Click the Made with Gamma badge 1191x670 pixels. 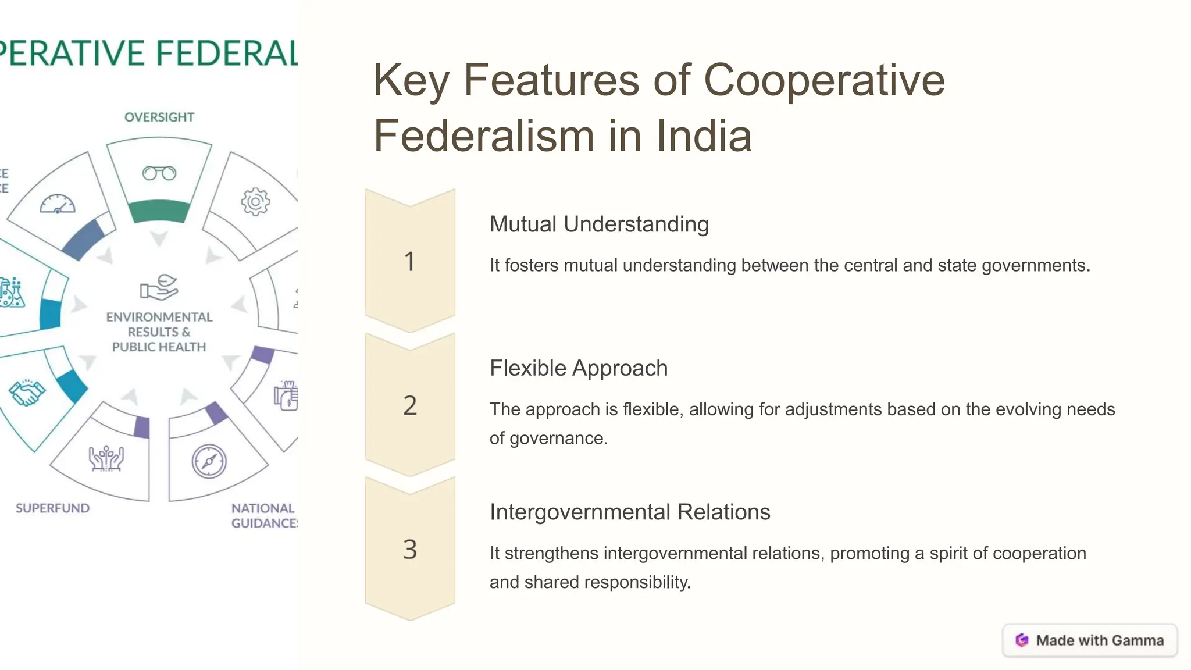tap(1090, 640)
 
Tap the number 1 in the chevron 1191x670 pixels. tap(410, 262)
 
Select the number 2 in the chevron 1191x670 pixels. tap(410, 405)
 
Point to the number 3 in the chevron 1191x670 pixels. tap(410, 550)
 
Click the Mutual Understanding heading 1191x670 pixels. tap(599, 224)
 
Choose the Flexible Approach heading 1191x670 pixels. tap(579, 368)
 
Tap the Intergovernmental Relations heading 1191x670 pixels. tap(630, 512)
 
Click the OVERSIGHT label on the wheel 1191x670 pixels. tap(159, 117)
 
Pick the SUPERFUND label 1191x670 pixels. tap(53, 508)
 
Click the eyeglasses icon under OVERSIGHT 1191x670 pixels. tap(159, 173)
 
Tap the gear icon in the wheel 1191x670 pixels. tap(255, 202)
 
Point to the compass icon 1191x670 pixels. tap(209, 462)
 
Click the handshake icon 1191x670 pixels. tap(27, 393)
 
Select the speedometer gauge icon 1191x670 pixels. tap(58, 204)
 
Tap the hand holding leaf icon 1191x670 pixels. tap(159, 287)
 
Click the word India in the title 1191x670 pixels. tap(704, 136)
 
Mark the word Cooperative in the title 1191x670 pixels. tap(824, 80)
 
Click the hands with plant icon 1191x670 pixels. tap(106, 458)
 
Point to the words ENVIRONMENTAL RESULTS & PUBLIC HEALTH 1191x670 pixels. tap(159, 332)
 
